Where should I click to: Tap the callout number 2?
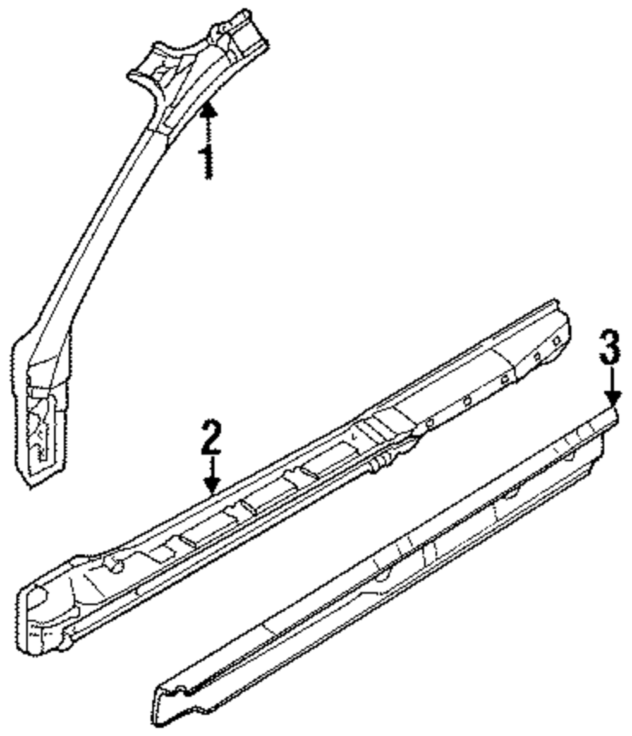coord(211,437)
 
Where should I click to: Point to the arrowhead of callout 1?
coord(209,110)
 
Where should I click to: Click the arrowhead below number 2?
coord(212,487)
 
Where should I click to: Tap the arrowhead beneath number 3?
coord(611,399)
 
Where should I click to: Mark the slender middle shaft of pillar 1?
coord(101,227)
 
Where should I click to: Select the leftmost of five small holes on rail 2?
coord(430,422)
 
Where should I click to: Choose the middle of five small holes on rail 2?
coord(504,380)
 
